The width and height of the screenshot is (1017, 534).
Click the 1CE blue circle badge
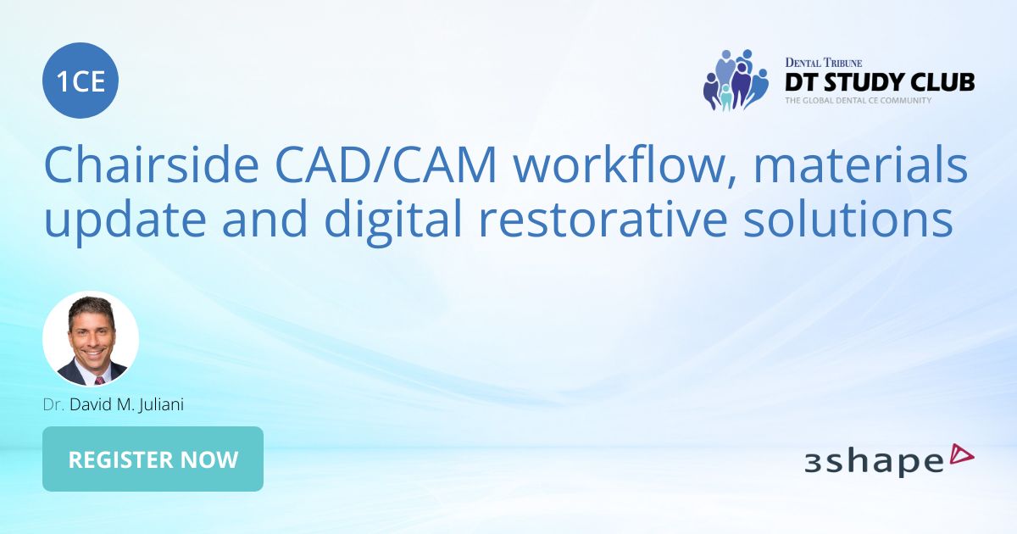click(x=81, y=81)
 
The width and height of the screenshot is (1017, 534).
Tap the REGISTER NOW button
click(x=153, y=459)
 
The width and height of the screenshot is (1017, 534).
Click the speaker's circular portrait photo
click(x=91, y=339)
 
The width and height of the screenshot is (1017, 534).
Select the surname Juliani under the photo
click(x=158, y=405)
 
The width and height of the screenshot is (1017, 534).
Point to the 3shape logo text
click(x=873, y=461)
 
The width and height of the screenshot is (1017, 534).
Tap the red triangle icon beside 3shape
click(x=963, y=455)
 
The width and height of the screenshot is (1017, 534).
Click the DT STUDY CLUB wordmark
click(x=879, y=82)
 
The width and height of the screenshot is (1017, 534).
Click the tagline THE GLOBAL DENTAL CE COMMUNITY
click(x=858, y=100)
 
